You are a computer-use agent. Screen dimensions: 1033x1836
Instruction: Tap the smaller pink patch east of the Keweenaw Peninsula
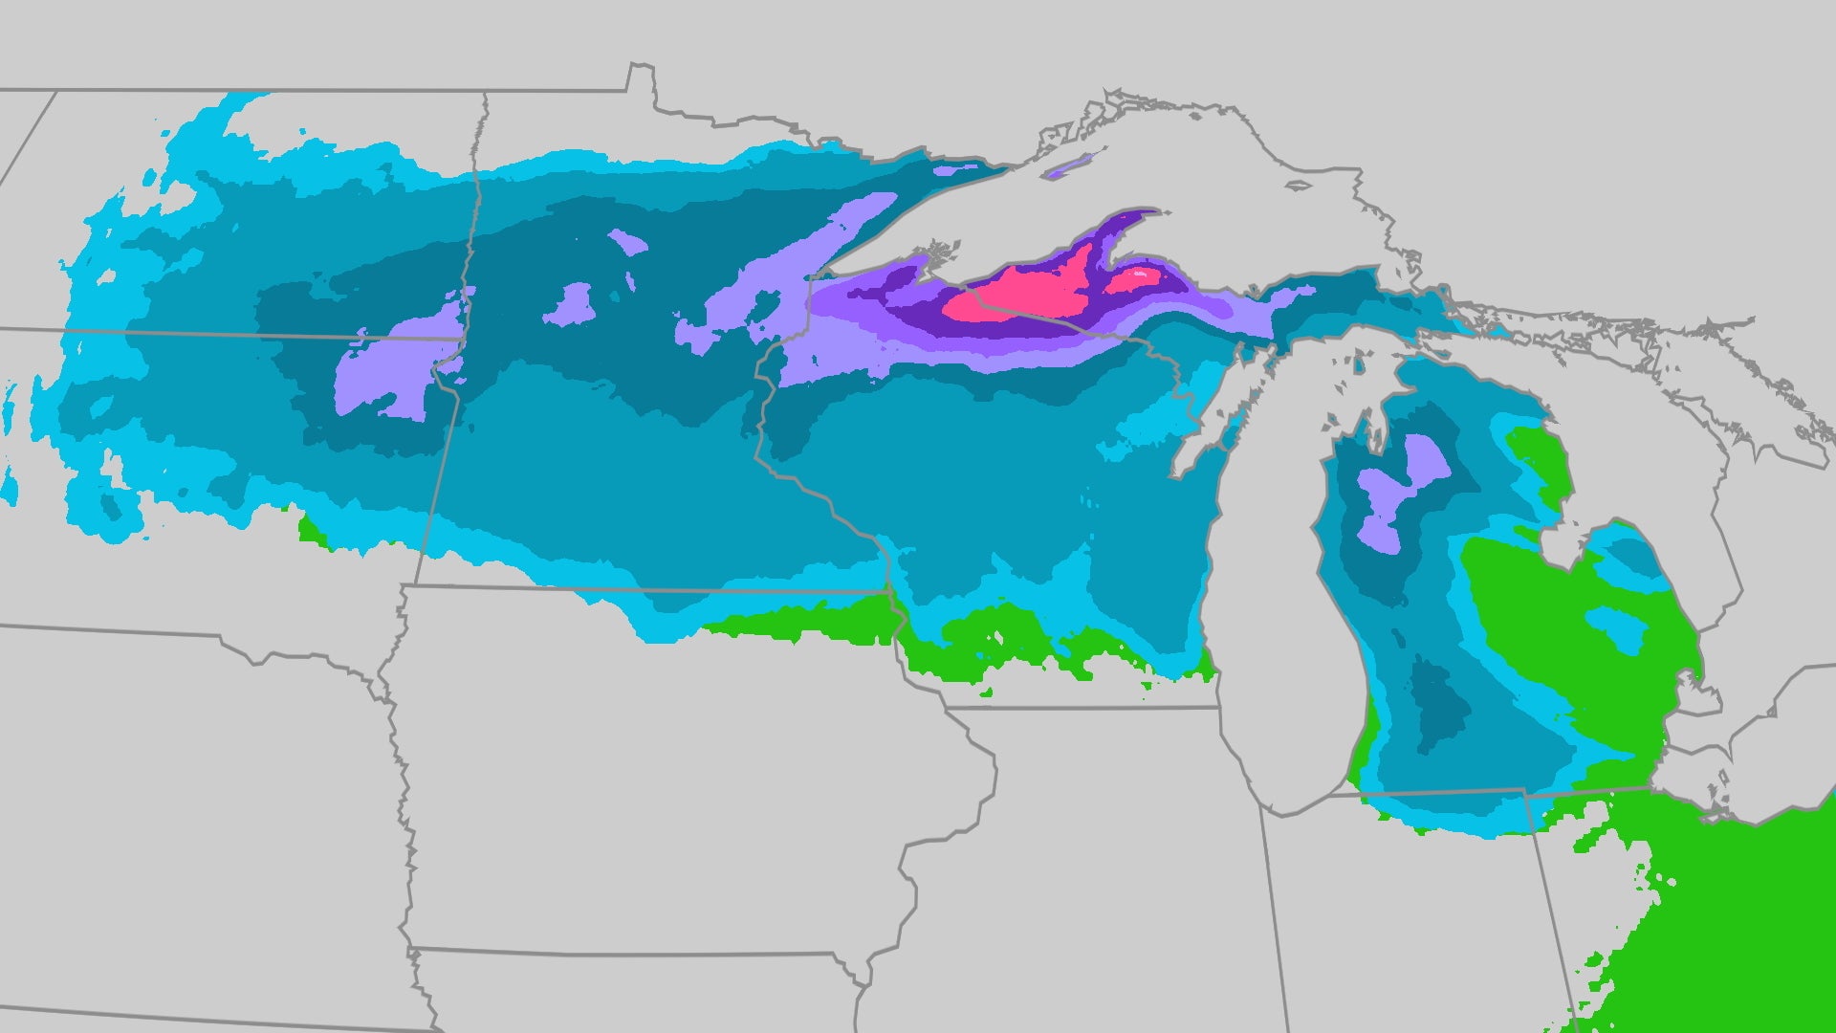pyautogui.click(x=1138, y=278)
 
